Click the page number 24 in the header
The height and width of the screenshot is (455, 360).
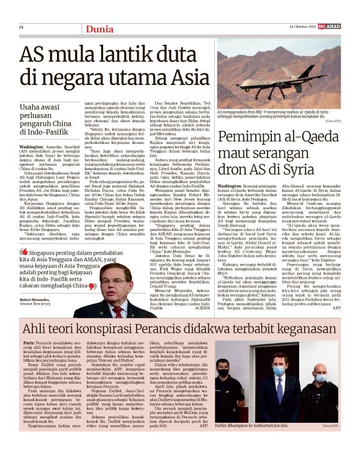21,27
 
